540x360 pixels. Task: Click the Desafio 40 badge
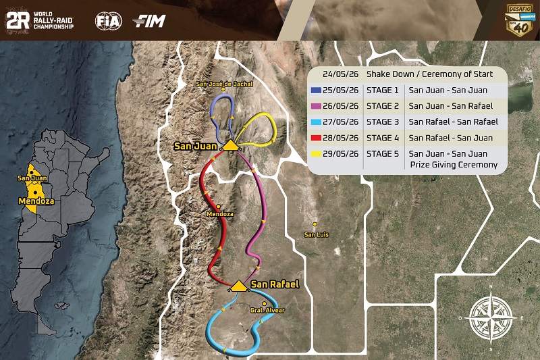click(518, 21)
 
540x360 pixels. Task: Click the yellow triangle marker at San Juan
click(231, 145)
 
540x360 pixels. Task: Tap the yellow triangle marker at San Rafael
click(238, 286)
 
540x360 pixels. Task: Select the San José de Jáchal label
click(223, 84)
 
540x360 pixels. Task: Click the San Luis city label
click(316, 234)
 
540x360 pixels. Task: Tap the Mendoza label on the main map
click(220, 213)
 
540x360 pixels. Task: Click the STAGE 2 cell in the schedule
click(382, 106)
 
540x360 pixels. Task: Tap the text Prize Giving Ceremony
click(452, 165)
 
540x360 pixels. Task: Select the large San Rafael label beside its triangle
click(275, 285)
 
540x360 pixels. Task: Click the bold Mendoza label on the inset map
click(36, 201)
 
